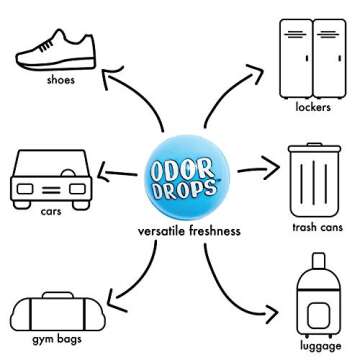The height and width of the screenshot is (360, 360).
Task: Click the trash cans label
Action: click(x=314, y=227)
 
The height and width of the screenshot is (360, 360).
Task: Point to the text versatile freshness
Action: click(x=180, y=232)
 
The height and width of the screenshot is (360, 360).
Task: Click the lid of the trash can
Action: click(x=313, y=151)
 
